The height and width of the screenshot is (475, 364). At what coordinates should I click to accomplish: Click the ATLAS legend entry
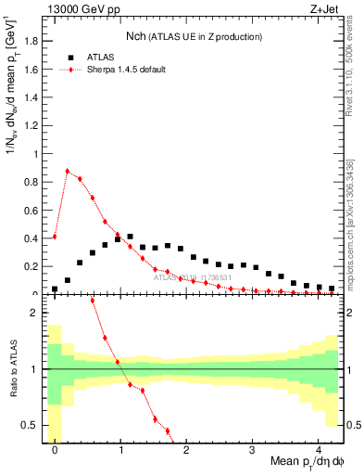coord(101,57)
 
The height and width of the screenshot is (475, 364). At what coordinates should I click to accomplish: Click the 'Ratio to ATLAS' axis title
coord(13,369)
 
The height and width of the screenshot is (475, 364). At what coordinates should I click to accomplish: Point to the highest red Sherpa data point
coord(68,171)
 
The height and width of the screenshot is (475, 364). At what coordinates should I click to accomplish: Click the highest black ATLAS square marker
coord(131,237)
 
